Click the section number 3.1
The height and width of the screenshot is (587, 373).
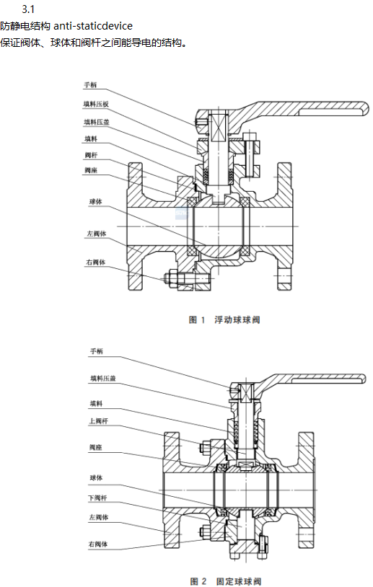[x=28, y=9]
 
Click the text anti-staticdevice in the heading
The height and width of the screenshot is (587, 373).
[x=93, y=26]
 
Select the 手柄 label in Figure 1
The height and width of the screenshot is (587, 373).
[x=90, y=85]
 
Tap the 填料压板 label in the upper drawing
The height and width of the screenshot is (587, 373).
[x=96, y=104]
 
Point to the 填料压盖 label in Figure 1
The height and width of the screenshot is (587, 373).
[x=97, y=122]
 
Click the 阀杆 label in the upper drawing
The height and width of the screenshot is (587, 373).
[x=91, y=155]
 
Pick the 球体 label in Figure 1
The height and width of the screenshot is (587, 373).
[x=95, y=201]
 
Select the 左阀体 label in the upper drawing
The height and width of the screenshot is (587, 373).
[x=97, y=234]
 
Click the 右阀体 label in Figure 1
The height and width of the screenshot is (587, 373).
[x=96, y=262]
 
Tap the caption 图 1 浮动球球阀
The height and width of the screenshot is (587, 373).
[x=224, y=319]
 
